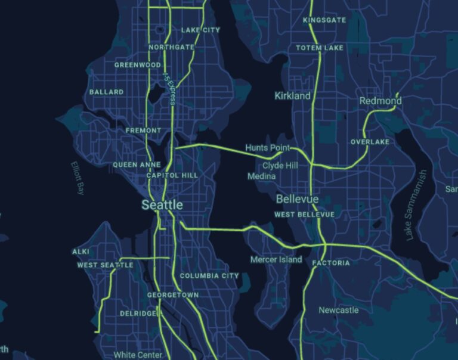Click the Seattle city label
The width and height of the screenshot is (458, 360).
click(162, 205)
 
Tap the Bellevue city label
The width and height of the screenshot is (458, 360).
click(297, 198)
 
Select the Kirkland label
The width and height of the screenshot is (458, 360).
click(292, 96)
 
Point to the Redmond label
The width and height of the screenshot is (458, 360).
click(380, 101)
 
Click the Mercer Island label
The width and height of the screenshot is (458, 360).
click(276, 260)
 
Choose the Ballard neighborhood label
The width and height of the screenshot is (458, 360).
click(106, 92)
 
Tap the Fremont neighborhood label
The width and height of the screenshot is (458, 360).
click(143, 131)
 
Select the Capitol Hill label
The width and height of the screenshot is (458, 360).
click(172, 175)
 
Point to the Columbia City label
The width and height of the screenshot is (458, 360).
click(209, 276)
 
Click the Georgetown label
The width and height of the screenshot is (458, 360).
click(173, 295)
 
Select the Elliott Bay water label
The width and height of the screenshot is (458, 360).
click(78, 178)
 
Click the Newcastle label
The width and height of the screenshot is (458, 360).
click(338, 310)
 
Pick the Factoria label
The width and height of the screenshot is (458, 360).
click(331, 263)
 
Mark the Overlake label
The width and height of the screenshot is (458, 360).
click(369, 142)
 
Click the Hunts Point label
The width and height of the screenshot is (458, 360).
click(268, 147)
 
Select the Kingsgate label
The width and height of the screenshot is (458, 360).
click(324, 20)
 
